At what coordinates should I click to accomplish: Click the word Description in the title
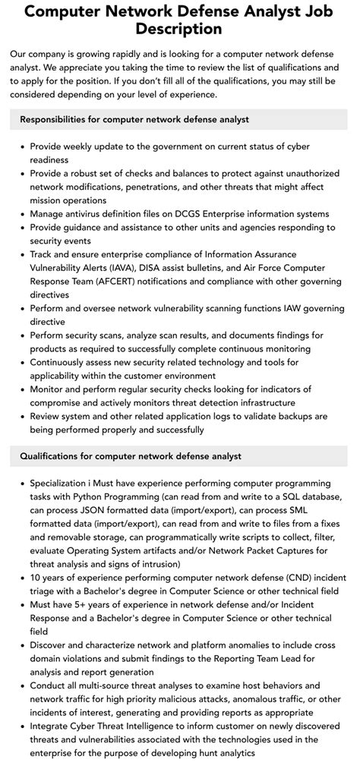tap(180, 30)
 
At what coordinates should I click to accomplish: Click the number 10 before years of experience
tap(36, 578)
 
